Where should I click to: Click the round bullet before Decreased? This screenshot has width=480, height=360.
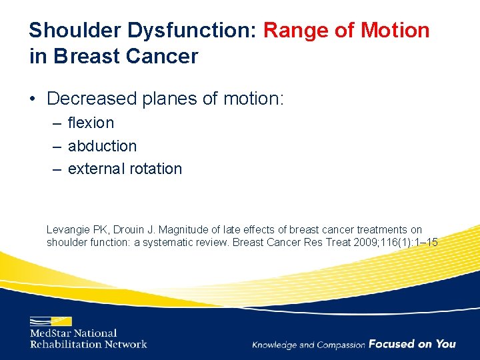point(33,100)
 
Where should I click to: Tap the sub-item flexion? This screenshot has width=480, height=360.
point(91,123)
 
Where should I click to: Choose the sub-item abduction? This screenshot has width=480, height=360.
point(102,146)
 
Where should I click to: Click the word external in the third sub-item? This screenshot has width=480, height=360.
point(94,169)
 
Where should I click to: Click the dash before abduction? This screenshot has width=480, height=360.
point(58,146)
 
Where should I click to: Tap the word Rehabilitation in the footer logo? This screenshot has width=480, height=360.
point(65,344)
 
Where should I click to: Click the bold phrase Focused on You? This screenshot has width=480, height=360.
point(412,344)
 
